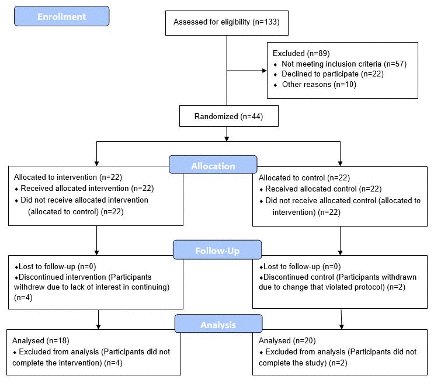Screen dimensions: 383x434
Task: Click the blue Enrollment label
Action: (61, 16)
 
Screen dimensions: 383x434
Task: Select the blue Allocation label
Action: (213, 165)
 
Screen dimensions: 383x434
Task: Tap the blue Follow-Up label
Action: (217, 250)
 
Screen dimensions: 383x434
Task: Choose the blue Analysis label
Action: (218, 324)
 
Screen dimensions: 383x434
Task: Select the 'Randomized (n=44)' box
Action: (228, 116)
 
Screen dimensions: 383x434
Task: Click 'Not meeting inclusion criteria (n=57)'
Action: (343, 64)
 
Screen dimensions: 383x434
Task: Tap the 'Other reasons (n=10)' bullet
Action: (318, 85)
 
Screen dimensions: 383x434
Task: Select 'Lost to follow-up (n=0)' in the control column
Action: (298, 267)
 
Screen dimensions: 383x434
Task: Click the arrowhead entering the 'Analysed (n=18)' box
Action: (98, 326)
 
